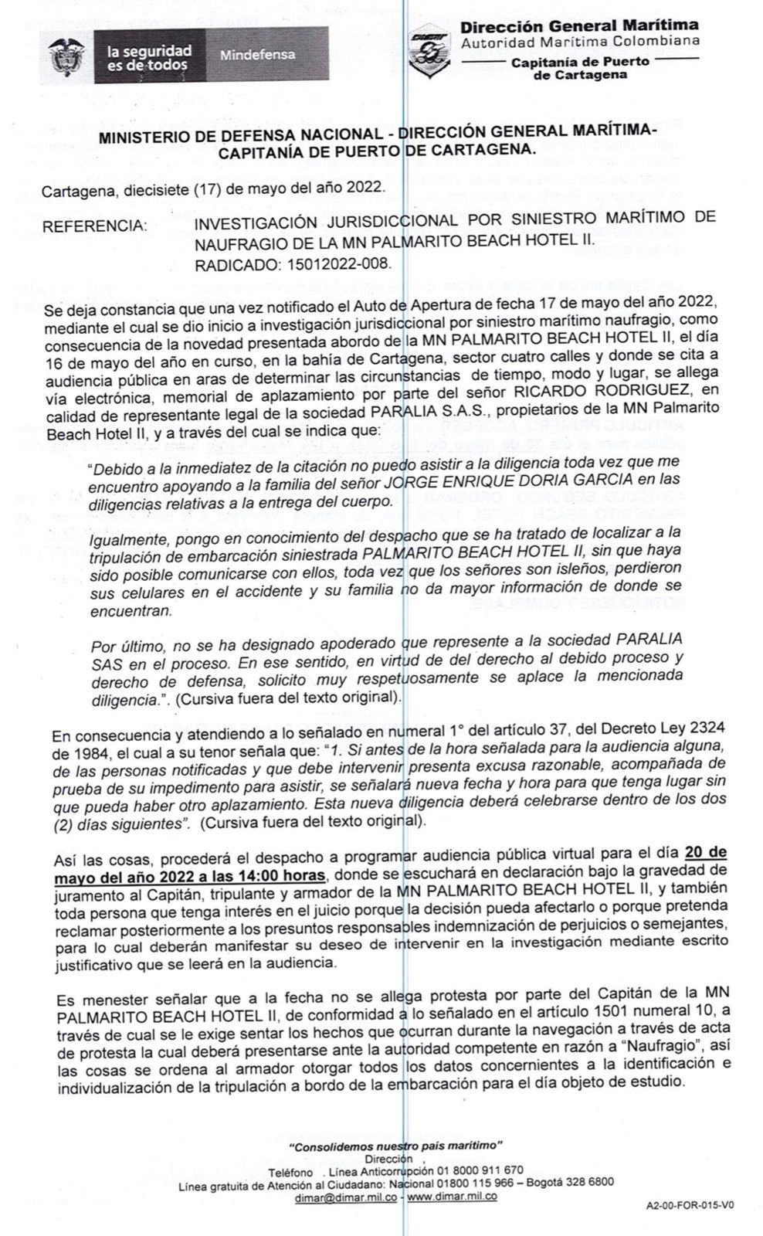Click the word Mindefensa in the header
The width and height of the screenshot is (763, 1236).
[257, 55]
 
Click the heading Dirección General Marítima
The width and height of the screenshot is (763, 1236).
[579, 26]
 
